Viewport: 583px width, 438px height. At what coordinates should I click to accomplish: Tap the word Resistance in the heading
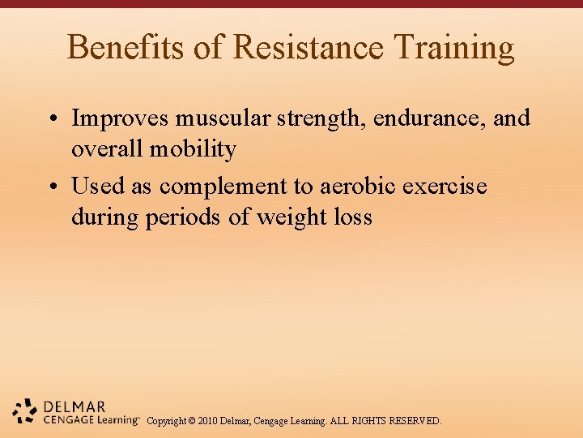click(x=307, y=48)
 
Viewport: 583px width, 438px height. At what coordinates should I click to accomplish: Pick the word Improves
click(x=121, y=118)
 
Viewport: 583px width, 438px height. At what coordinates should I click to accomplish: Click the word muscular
click(x=224, y=118)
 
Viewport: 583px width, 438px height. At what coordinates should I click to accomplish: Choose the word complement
click(x=223, y=187)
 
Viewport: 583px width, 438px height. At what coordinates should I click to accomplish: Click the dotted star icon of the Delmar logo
click(x=25, y=411)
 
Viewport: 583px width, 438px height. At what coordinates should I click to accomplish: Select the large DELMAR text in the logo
click(x=75, y=406)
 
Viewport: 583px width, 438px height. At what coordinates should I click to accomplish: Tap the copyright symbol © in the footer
click(x=191, y=421)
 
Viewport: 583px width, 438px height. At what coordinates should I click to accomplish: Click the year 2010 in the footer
click(x=207, y=421)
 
